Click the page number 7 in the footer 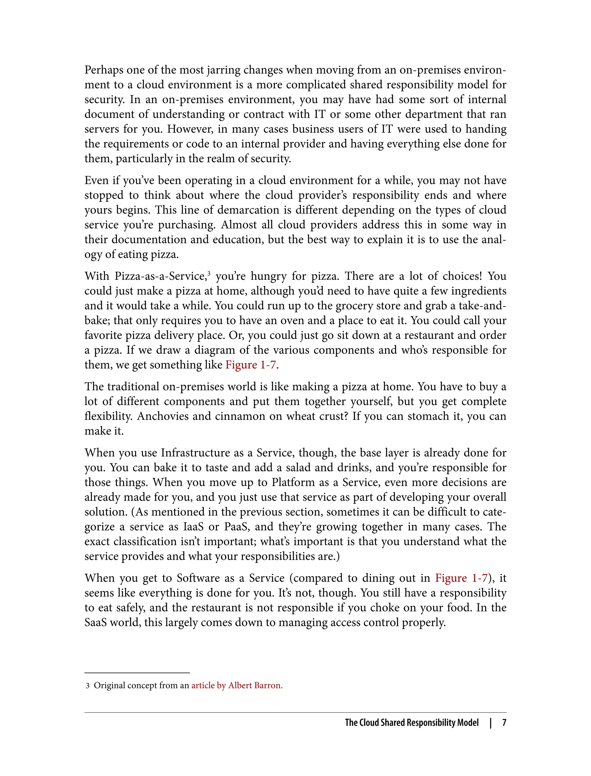tap(504, 723)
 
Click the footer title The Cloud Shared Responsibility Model tap(412, 723)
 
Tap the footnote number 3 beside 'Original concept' tap(88, 686)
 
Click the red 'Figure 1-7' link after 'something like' tap(250, 365)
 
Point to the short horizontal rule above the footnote tap(137, 673)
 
